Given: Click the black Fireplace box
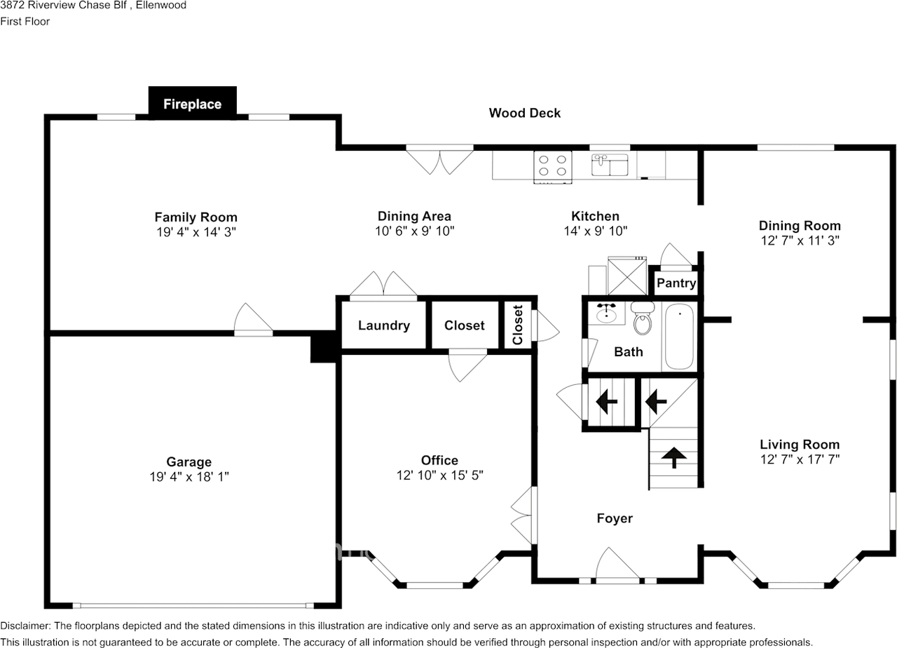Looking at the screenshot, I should [193, 104].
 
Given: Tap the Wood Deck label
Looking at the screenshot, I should [524, 113].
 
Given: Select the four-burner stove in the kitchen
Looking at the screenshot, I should [552, 166].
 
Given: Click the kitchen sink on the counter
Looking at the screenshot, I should [610, 166].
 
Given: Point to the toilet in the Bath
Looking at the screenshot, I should [642, 320].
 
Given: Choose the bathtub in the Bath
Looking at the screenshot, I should [678, 337].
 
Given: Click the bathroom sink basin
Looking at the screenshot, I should [608, 313].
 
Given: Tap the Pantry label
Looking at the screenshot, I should [676, 283].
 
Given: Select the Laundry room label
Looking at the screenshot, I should [383, 325].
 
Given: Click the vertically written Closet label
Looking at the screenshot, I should [518, 325].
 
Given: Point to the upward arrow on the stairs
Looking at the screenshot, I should [674, 458].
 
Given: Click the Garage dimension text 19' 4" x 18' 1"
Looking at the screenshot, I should [189, 477].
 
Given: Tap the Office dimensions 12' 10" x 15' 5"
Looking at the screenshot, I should [439, 475].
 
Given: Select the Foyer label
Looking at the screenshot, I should [614, 518].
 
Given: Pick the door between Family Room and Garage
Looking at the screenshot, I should [253, 320].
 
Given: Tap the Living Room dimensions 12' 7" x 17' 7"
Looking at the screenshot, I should [799, 459].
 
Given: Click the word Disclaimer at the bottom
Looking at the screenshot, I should [25, 626].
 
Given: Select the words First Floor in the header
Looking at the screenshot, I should [25, 21].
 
